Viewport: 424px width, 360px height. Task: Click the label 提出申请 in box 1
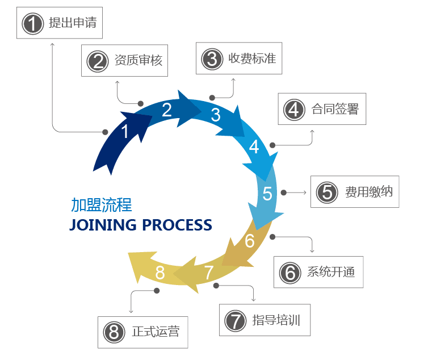73,23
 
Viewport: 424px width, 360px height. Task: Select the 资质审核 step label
138,60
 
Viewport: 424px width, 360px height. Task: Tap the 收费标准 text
252,58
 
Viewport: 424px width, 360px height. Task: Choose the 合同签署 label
335,108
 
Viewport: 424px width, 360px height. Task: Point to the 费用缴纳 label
368,191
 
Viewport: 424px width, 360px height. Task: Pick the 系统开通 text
331,271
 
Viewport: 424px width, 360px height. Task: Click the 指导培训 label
276,320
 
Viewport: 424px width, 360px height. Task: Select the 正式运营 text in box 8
156,331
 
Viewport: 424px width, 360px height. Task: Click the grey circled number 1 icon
32,24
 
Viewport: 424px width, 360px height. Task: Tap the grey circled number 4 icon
293,109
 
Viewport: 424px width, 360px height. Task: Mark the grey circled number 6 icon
290,273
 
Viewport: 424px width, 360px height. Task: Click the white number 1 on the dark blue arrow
125,132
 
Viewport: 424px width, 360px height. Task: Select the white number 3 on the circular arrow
216,115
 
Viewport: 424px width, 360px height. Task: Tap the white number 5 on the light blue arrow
267,194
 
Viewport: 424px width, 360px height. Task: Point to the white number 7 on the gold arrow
208,273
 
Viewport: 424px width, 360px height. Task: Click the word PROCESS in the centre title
177,225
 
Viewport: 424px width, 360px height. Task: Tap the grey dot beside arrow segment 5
284,192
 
